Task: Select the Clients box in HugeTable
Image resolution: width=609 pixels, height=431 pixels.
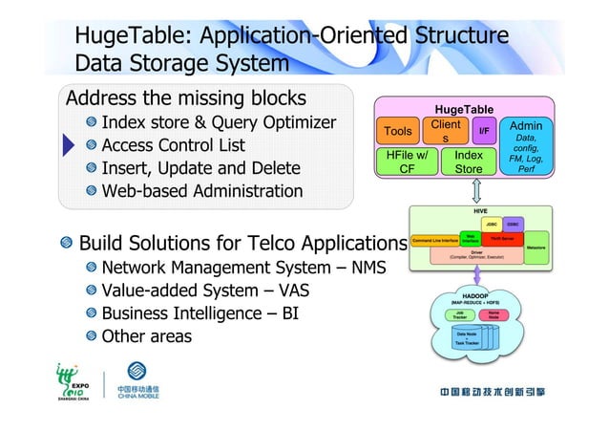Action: (446, 133)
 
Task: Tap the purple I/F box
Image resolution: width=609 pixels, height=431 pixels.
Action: (484, 131)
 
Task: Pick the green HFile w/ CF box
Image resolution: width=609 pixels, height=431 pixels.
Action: (407, 162)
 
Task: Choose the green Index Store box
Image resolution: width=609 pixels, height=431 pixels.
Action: (468, 162)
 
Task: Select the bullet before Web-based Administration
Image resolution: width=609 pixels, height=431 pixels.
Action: (90, 192)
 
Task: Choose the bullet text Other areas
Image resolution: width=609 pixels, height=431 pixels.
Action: (146, 336)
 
